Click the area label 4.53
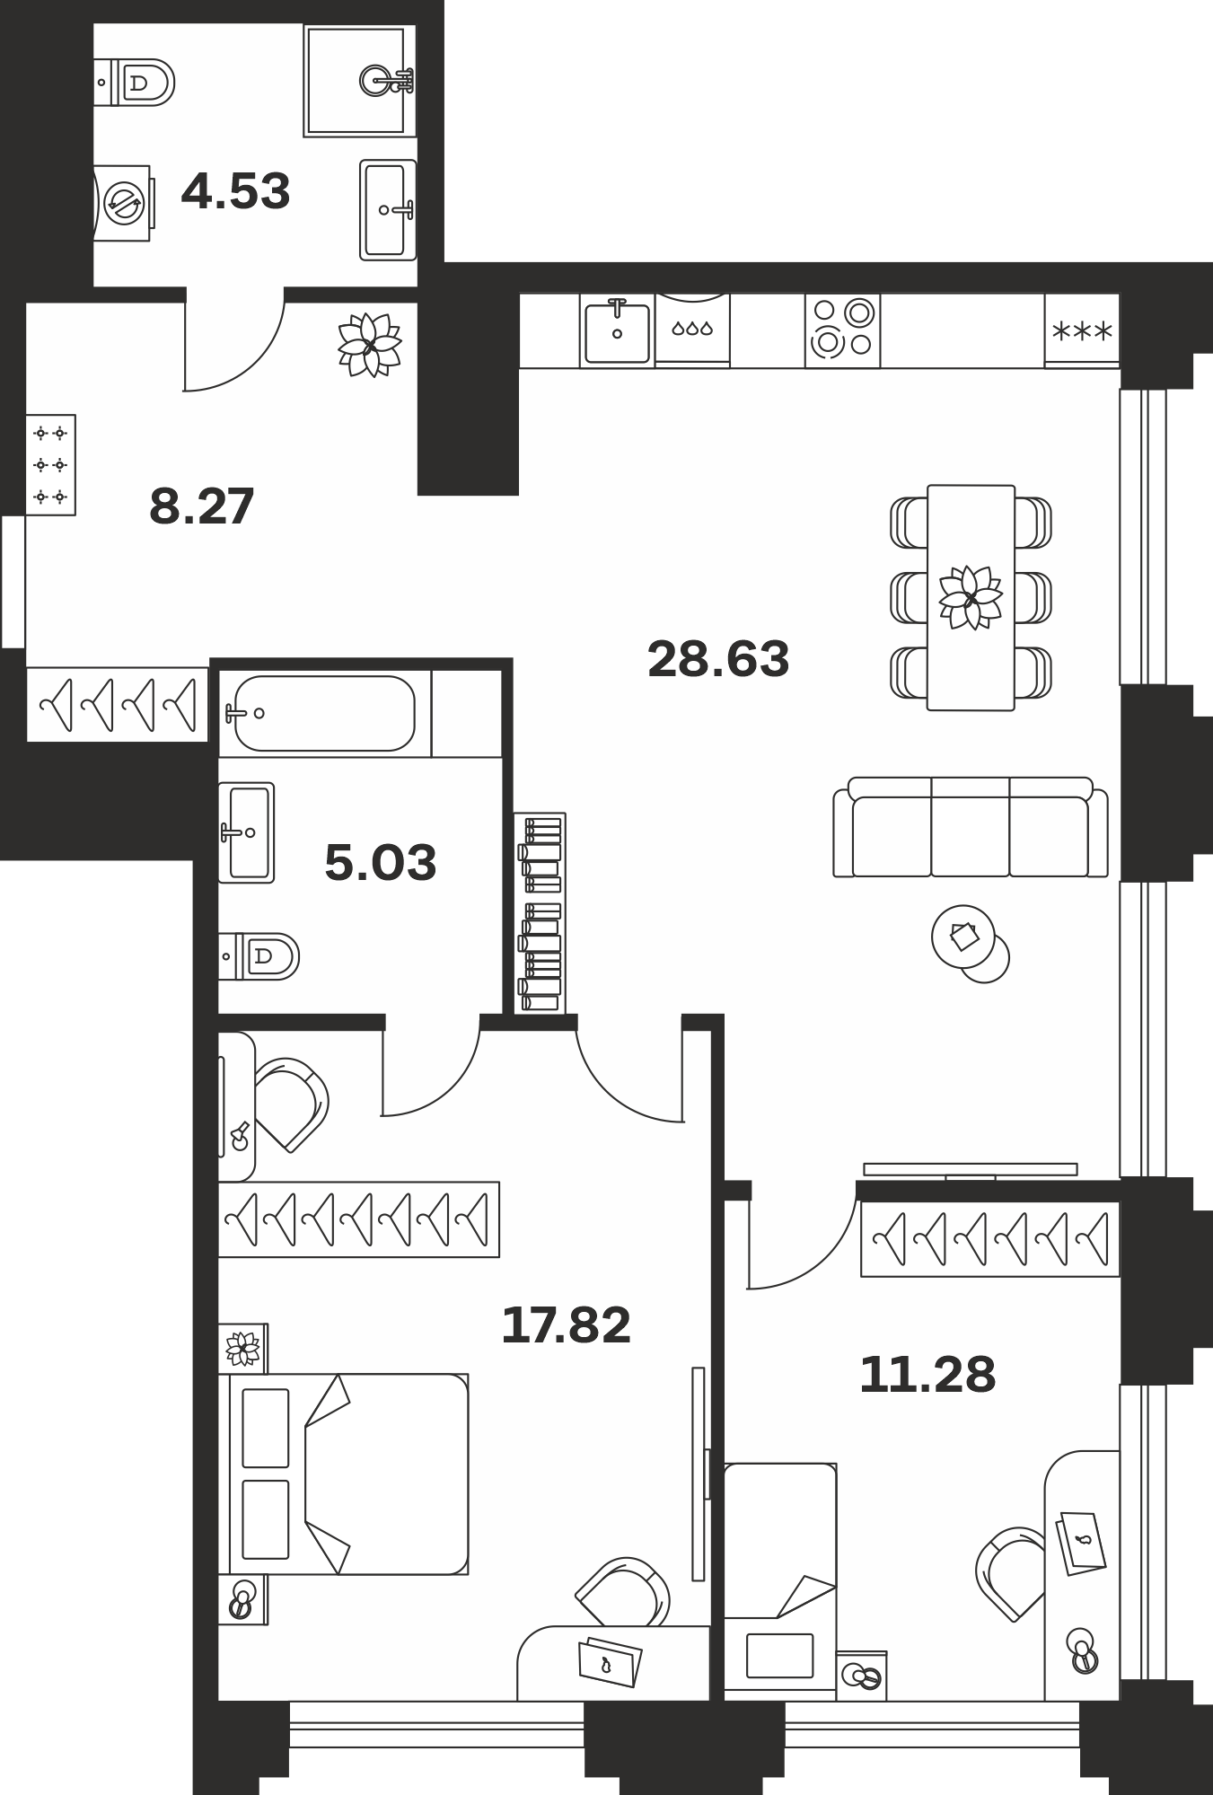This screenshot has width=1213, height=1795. (x=236, y=191)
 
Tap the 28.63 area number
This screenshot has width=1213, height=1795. (x=718, y=658)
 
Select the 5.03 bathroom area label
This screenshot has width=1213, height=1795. (x=381, y=862)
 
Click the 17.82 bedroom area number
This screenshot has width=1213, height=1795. (x=566, y=1324)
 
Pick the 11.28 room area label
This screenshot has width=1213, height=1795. (x=927, y=1375)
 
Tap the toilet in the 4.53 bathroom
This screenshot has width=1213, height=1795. (x=134, y=83)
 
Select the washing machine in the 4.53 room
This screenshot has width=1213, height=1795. (x=123, y=202)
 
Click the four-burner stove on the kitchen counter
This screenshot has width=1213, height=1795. (x=842, y=330)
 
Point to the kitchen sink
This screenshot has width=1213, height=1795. (x=617, y=331)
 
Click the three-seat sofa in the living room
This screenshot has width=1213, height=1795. (x=971, y=827)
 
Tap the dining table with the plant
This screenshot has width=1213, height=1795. (x=971, y=598)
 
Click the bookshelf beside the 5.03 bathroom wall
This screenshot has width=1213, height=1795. (x=541, y=913)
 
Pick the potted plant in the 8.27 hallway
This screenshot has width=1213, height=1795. (x=369, y=345)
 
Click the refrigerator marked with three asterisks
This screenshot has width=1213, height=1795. (x=1082, y=330)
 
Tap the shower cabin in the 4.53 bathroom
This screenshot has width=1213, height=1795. (x=360, y=81)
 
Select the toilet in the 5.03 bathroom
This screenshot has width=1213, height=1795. (x=259, y=956)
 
